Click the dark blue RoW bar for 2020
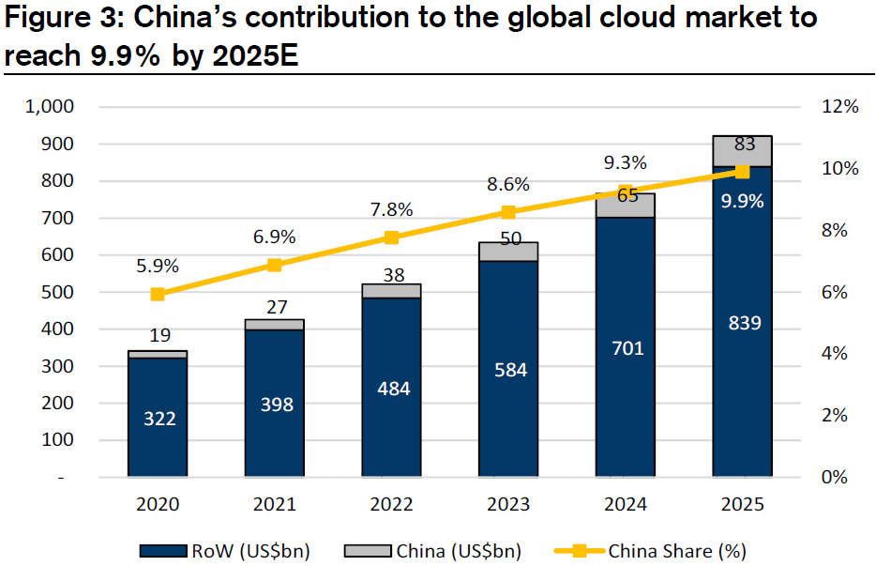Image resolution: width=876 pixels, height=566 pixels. (158, 418)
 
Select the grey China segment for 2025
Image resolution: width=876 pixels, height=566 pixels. (742, 150)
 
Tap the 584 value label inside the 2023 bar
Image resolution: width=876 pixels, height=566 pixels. (510, 370)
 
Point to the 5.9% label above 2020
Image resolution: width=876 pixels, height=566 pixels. (158, 266)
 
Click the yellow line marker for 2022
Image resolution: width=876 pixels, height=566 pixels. (392, 238)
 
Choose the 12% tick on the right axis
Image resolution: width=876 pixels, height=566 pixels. (839, 107)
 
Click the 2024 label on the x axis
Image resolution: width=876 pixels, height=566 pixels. (627, 505)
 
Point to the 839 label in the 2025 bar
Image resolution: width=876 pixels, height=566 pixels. (743, 323)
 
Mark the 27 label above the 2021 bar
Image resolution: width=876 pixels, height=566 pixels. (275, 306)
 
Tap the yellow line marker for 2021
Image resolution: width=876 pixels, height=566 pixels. (275, 265)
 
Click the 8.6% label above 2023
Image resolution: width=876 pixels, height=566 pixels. (509, 184)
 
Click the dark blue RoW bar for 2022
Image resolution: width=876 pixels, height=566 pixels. (392, 388)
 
